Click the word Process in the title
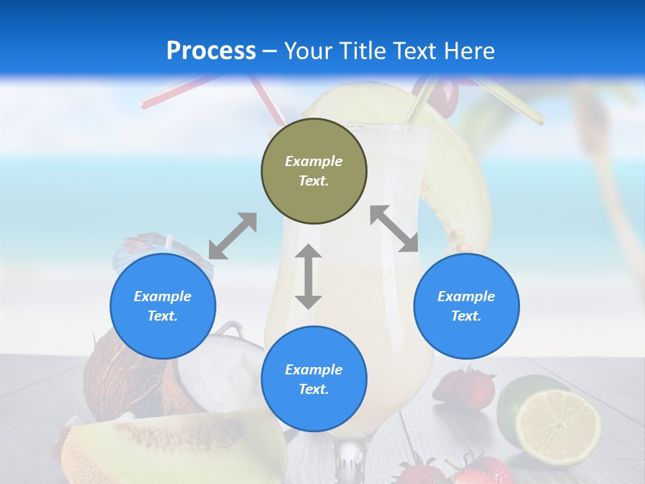[211, 50]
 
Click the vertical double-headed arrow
[308, 276]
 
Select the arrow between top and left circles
[232, 236]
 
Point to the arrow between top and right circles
[394, 229]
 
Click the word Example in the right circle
[466, 296]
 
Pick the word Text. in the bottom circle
[313, 389]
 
